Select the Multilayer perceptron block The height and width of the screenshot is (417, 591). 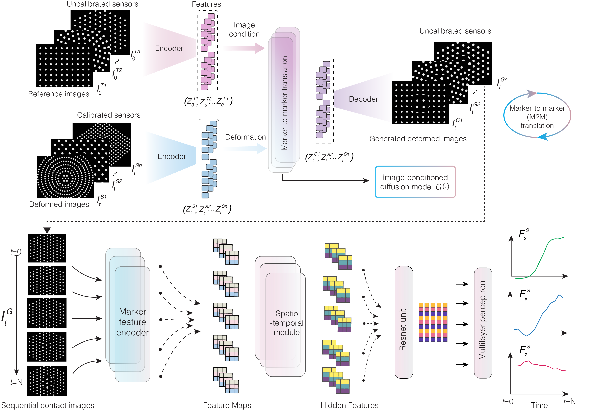click(483, 323)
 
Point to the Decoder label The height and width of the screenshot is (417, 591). click(363, 99)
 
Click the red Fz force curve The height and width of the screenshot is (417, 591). click(541, 366)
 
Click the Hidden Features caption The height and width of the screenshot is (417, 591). click(349, 405)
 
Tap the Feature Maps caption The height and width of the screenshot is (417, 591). click(227, 405)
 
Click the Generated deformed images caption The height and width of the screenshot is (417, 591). click(418, 139)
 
